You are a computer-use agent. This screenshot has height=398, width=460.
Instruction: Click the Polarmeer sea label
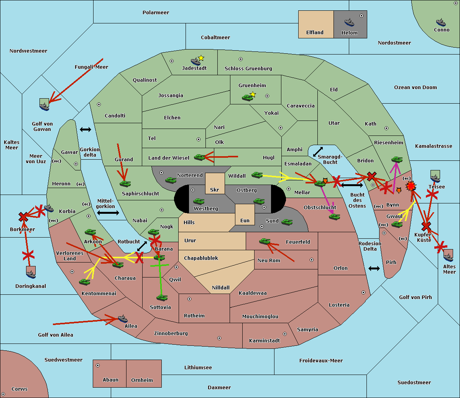pyautogui.click(x=156, y=13)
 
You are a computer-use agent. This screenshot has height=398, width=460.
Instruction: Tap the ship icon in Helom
pyautogui.click(x=349, y=22)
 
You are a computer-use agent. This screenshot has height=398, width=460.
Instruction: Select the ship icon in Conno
pyautogui.click(x=441, y=22)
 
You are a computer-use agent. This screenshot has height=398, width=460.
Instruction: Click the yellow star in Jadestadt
pyautogui.click(x=201, y=58)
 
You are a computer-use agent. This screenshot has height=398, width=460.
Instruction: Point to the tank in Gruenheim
pyautogui.click(x=247, y=97)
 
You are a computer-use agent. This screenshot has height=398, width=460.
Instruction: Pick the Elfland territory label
pyautogui.click(x=315, y=33)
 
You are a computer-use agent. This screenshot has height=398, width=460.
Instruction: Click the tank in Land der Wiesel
pyautogui.click(x=199, y=157)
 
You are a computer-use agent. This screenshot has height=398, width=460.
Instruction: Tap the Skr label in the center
pyautogui.click(x=214, y=190)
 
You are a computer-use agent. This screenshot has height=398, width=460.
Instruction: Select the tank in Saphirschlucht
pyautogui.click(x=125, y=183)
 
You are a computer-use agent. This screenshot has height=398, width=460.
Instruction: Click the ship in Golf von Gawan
pyautogui.click(x=44, y=106)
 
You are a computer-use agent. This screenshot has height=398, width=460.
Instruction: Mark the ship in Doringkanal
pyautogui.click(x=31, y=273)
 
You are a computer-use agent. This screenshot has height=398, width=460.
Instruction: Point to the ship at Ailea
pyautogui.click(x=123, y=319)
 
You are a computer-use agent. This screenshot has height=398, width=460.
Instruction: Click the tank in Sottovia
pyautogui.click(x=162, y=297)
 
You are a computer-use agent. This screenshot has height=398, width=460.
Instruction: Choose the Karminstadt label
pyautogui.click(x=264, y=341)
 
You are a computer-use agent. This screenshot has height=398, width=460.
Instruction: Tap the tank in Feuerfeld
pyautogui.click(x=264, y=241)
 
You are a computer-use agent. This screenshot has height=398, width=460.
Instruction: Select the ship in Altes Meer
pyautogui.click(x=448, y=256)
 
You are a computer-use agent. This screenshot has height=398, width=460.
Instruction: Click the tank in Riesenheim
pyautogui.click(x=397, y=159)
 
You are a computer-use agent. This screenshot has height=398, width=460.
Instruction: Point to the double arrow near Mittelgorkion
pyautogui.click(x=108, y=213)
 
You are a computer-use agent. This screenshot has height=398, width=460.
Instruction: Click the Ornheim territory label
pyautogui.click(x=142, y=380)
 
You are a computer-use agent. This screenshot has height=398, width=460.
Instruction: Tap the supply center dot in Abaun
pyautogui.click(x=98, y=365)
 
